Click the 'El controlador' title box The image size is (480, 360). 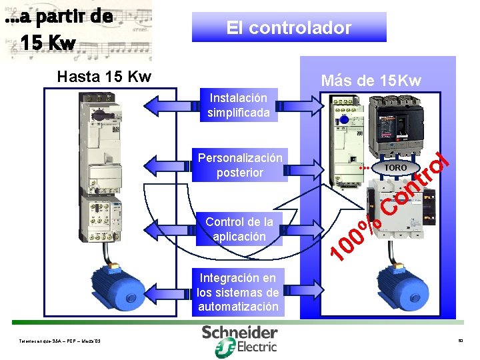[289, 28]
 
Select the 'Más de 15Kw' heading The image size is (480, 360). [371, 81]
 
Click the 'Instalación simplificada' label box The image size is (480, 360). [238, 105]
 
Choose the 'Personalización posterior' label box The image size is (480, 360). [240, 165]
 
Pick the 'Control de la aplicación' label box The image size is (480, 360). [239, 229]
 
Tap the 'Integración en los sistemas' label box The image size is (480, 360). [238, 292]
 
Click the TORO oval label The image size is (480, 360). [395, 167]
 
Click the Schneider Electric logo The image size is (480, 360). [240, 338]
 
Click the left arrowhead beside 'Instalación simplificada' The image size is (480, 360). [152, 105]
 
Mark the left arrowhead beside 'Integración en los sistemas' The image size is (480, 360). [152, 292]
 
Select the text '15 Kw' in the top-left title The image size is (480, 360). [47, 43]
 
